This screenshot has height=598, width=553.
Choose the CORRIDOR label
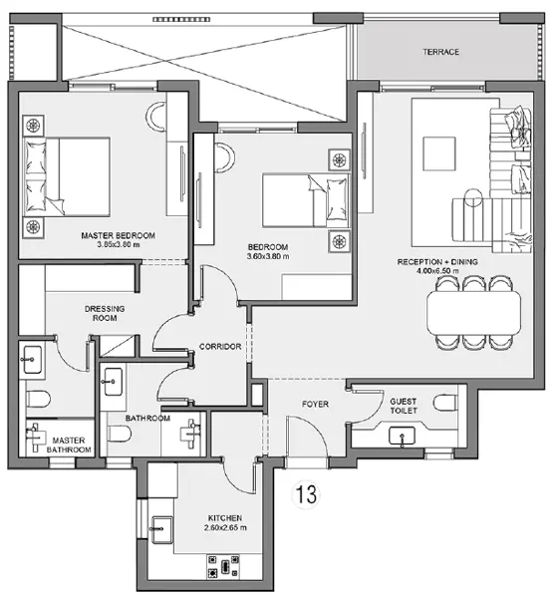click(x=221, y=347)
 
